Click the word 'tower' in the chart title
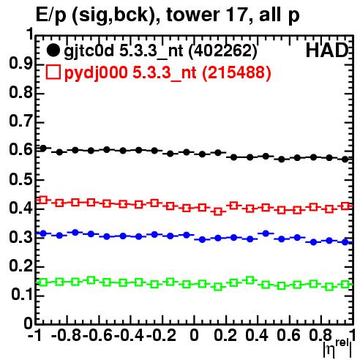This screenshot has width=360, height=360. point(193,15)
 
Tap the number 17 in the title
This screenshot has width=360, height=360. point(236,15)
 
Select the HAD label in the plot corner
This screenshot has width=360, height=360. point(327,50)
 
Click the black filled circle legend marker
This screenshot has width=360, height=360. point(53,50)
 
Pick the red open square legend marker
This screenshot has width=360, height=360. point(53,72)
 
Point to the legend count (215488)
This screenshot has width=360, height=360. point(236,72)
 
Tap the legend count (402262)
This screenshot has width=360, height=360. point(223,51)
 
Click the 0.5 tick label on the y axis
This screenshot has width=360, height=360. point(20,179)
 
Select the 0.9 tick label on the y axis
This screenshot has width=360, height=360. point(20,64)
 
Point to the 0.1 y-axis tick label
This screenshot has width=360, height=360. point(21,295)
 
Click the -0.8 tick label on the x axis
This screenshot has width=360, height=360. point(67,336)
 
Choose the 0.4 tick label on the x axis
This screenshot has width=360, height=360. point(257,336)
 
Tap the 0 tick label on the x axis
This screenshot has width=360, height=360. point(194,336)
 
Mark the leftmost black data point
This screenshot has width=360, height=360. point(43,149)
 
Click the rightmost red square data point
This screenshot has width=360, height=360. point(345,206)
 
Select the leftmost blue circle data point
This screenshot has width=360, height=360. point(43,233)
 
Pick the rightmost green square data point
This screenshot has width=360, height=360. point(345,285)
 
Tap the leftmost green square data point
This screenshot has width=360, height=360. point(43,282)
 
